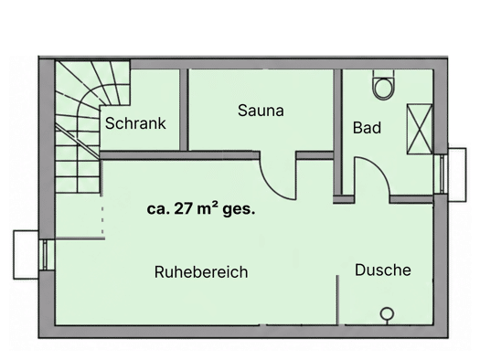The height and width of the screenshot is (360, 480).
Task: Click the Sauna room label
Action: (261, 111)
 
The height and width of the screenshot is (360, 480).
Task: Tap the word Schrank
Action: (135, 123)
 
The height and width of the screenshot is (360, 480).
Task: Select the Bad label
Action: (367, 128)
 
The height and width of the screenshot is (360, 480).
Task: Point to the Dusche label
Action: (383, 270)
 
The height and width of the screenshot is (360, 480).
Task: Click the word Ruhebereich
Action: (201, 272)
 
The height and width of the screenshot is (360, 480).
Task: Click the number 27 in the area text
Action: (184, 209)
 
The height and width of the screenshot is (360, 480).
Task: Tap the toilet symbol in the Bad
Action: (383, 85)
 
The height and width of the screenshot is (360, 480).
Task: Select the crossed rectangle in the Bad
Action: (420, 129)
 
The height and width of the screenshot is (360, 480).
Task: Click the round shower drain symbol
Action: (387, 313)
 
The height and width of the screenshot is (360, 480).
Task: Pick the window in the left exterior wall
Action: (45, 255)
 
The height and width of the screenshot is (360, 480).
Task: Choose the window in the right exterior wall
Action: (442, 174)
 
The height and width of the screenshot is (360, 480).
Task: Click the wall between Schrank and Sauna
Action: (184, 110)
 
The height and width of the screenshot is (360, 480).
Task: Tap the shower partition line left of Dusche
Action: (338, 300)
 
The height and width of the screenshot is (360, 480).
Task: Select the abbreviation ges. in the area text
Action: (239, 210)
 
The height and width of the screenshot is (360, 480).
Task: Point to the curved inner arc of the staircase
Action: (82, 101)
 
